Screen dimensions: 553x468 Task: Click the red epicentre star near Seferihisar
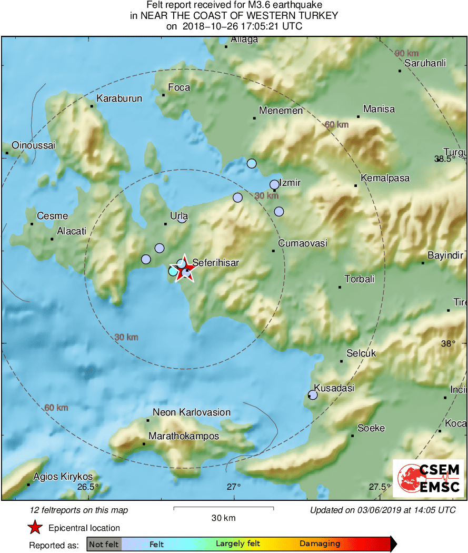coord(184,270)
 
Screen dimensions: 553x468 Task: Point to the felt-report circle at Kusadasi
coord(313,394)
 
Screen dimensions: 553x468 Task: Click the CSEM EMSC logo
coord(429,478)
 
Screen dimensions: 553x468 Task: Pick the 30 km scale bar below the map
coord(223,508)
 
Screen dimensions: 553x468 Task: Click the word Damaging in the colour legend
coord(320,544)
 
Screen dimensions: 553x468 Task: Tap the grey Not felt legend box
coord(104,544)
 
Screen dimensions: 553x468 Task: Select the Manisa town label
coord(379,109)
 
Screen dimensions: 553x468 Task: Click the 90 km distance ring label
coord(406,53)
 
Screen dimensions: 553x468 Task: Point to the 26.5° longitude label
coord(87,487)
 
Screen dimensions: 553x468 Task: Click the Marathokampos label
coord(184,436)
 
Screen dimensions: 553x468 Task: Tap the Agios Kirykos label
coord(63,477)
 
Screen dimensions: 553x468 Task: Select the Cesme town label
coord(52,216)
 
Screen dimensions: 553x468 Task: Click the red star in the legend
coord(35,528)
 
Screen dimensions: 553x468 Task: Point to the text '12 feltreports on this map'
coord(79,510)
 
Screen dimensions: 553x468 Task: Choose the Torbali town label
coord(359,279)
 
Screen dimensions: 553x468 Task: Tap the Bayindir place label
coord(445,255)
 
